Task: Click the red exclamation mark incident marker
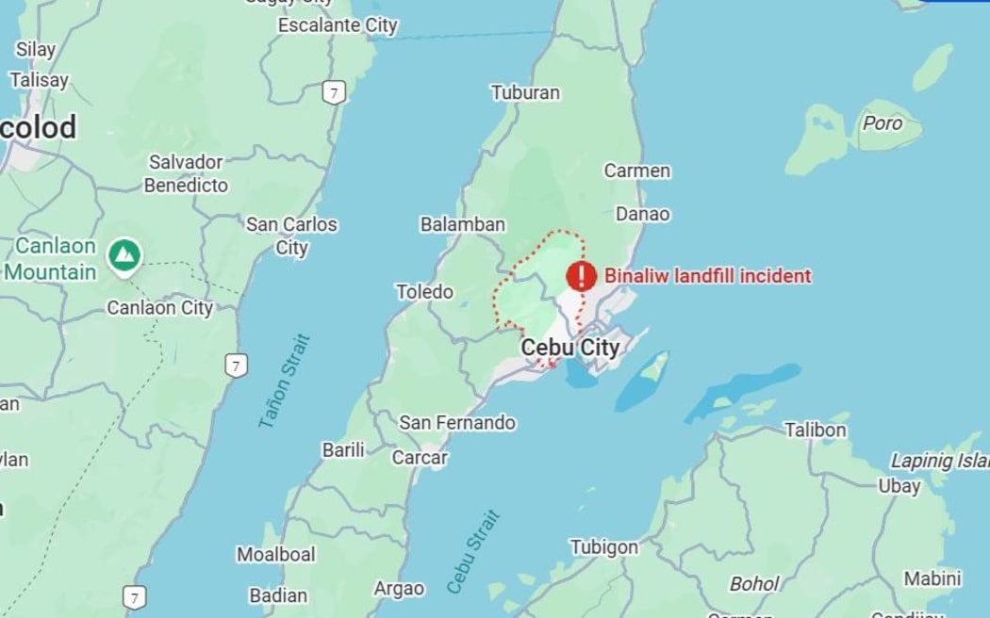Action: pyautogui.click(x=582, y=276)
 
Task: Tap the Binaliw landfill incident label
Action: pyautogui.click(x=707, y=276)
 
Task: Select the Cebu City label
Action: pyautogui.click(x=570, y=348)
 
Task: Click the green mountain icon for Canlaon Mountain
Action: pyautogui.click(x=124, y=254)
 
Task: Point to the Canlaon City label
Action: pyautogui.click(x=159, y=308)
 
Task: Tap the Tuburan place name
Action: pyautogui.click(x=525, y=92)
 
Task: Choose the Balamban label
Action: pyautogui.click(x=462, y=224)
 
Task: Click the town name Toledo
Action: pyautogui.click(x=424, y=292)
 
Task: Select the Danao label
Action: pyautogui.click(x=643, y=214)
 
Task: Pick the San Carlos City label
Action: pyautogui.click(x=291, y=236)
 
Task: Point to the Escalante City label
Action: pyautogui.click(x=338, y=25)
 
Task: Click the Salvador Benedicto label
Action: pyautogui.click(x=186, y=173)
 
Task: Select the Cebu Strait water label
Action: pyautogui.click(x=473, y=551)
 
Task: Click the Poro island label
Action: pyautogui.click(x=883, y=123)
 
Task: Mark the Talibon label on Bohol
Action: pyautogui.click(x=816, y=431)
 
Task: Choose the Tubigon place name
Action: pyautogui.click(x=603, y=547)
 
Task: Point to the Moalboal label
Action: pyautogui.click(x=275, y=554)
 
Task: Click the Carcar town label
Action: pyautogui.click(x=420, y=458)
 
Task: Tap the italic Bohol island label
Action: pyautogui.click(x=754, y=584)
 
